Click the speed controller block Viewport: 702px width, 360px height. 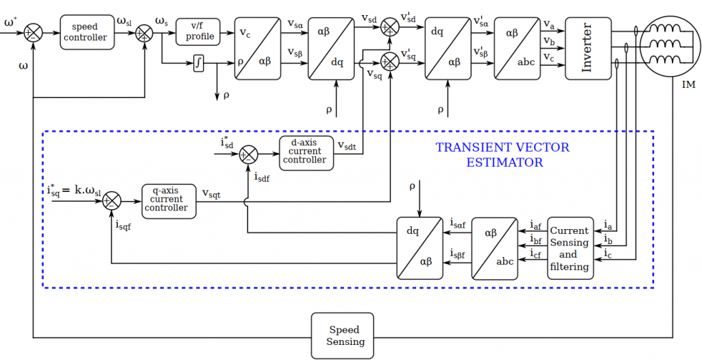click(85, 32)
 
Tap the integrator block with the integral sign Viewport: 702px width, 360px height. click(199, 64)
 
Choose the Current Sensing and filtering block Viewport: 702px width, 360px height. click(569, 248)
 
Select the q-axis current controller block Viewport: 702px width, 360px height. click(169, 200)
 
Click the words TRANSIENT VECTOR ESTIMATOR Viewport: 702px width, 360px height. click(503, 155)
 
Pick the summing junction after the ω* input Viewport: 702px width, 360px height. click(33, 32)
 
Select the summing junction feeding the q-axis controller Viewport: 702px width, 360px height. click(112, 200)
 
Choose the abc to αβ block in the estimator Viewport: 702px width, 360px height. click(494, 248)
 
